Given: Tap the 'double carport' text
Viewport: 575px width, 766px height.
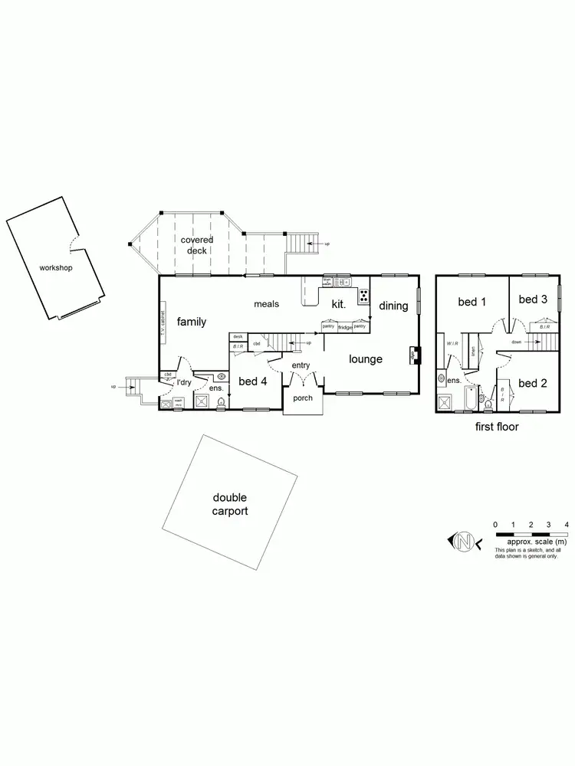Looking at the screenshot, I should click(x=230, y=505).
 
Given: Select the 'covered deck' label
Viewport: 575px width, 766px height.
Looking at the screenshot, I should click(x=197, y=245).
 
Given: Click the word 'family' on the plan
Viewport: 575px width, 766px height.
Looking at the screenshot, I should click(x=192, y=322).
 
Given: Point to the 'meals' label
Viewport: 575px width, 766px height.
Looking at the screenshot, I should click(x=266, y=304).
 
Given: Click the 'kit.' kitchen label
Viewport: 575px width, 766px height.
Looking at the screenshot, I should click(x=338, y=304).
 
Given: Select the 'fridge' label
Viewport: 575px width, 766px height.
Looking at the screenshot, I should click(x=345, y=327).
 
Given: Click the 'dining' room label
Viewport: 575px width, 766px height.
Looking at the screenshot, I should click(x=393, y=306).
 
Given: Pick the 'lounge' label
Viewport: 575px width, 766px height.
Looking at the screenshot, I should click(x=366, y=358).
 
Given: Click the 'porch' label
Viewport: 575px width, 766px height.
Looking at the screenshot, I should click(x=303, y=398).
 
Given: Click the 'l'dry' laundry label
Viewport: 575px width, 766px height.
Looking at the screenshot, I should click(x=184, y=382).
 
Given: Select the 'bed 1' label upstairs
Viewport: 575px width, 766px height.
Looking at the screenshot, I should click(x=472, y=302).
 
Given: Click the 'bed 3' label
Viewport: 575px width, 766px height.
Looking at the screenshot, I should click(x=532, y=300).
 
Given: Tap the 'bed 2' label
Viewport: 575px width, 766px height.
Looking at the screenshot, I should click(x=532, y=382).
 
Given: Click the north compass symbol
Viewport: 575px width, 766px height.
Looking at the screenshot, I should click(x=464, y=542).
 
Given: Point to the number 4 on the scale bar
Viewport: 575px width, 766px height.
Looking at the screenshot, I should click(x=567, y=524).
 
